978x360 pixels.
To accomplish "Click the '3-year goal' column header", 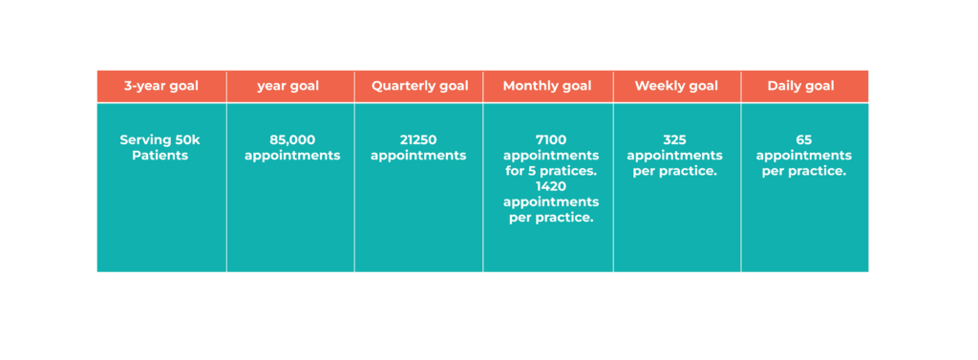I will [161, 86].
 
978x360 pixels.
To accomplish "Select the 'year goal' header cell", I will [288, 86].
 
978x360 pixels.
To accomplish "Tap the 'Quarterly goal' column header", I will [419, 86].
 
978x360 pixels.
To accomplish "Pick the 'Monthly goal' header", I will [547, 86].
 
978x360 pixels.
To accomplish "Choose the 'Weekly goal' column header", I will [676, 86].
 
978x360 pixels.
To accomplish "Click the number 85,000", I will [292, 139].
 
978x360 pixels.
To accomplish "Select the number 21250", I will [418, 139].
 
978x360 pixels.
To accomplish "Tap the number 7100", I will [551, 139].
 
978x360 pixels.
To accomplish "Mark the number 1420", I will [551, 186].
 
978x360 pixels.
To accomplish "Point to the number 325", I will [674, 139].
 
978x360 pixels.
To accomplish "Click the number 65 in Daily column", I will [803, 139].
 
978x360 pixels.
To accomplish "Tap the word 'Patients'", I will [160, 155].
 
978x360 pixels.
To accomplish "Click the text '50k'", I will [187, 139].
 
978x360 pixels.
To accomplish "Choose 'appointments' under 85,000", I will [292, 155].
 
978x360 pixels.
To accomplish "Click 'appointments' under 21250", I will [418, 155].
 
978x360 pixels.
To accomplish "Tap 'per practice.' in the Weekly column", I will [674, 171].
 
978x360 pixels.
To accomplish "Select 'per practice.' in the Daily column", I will [803, 171].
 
